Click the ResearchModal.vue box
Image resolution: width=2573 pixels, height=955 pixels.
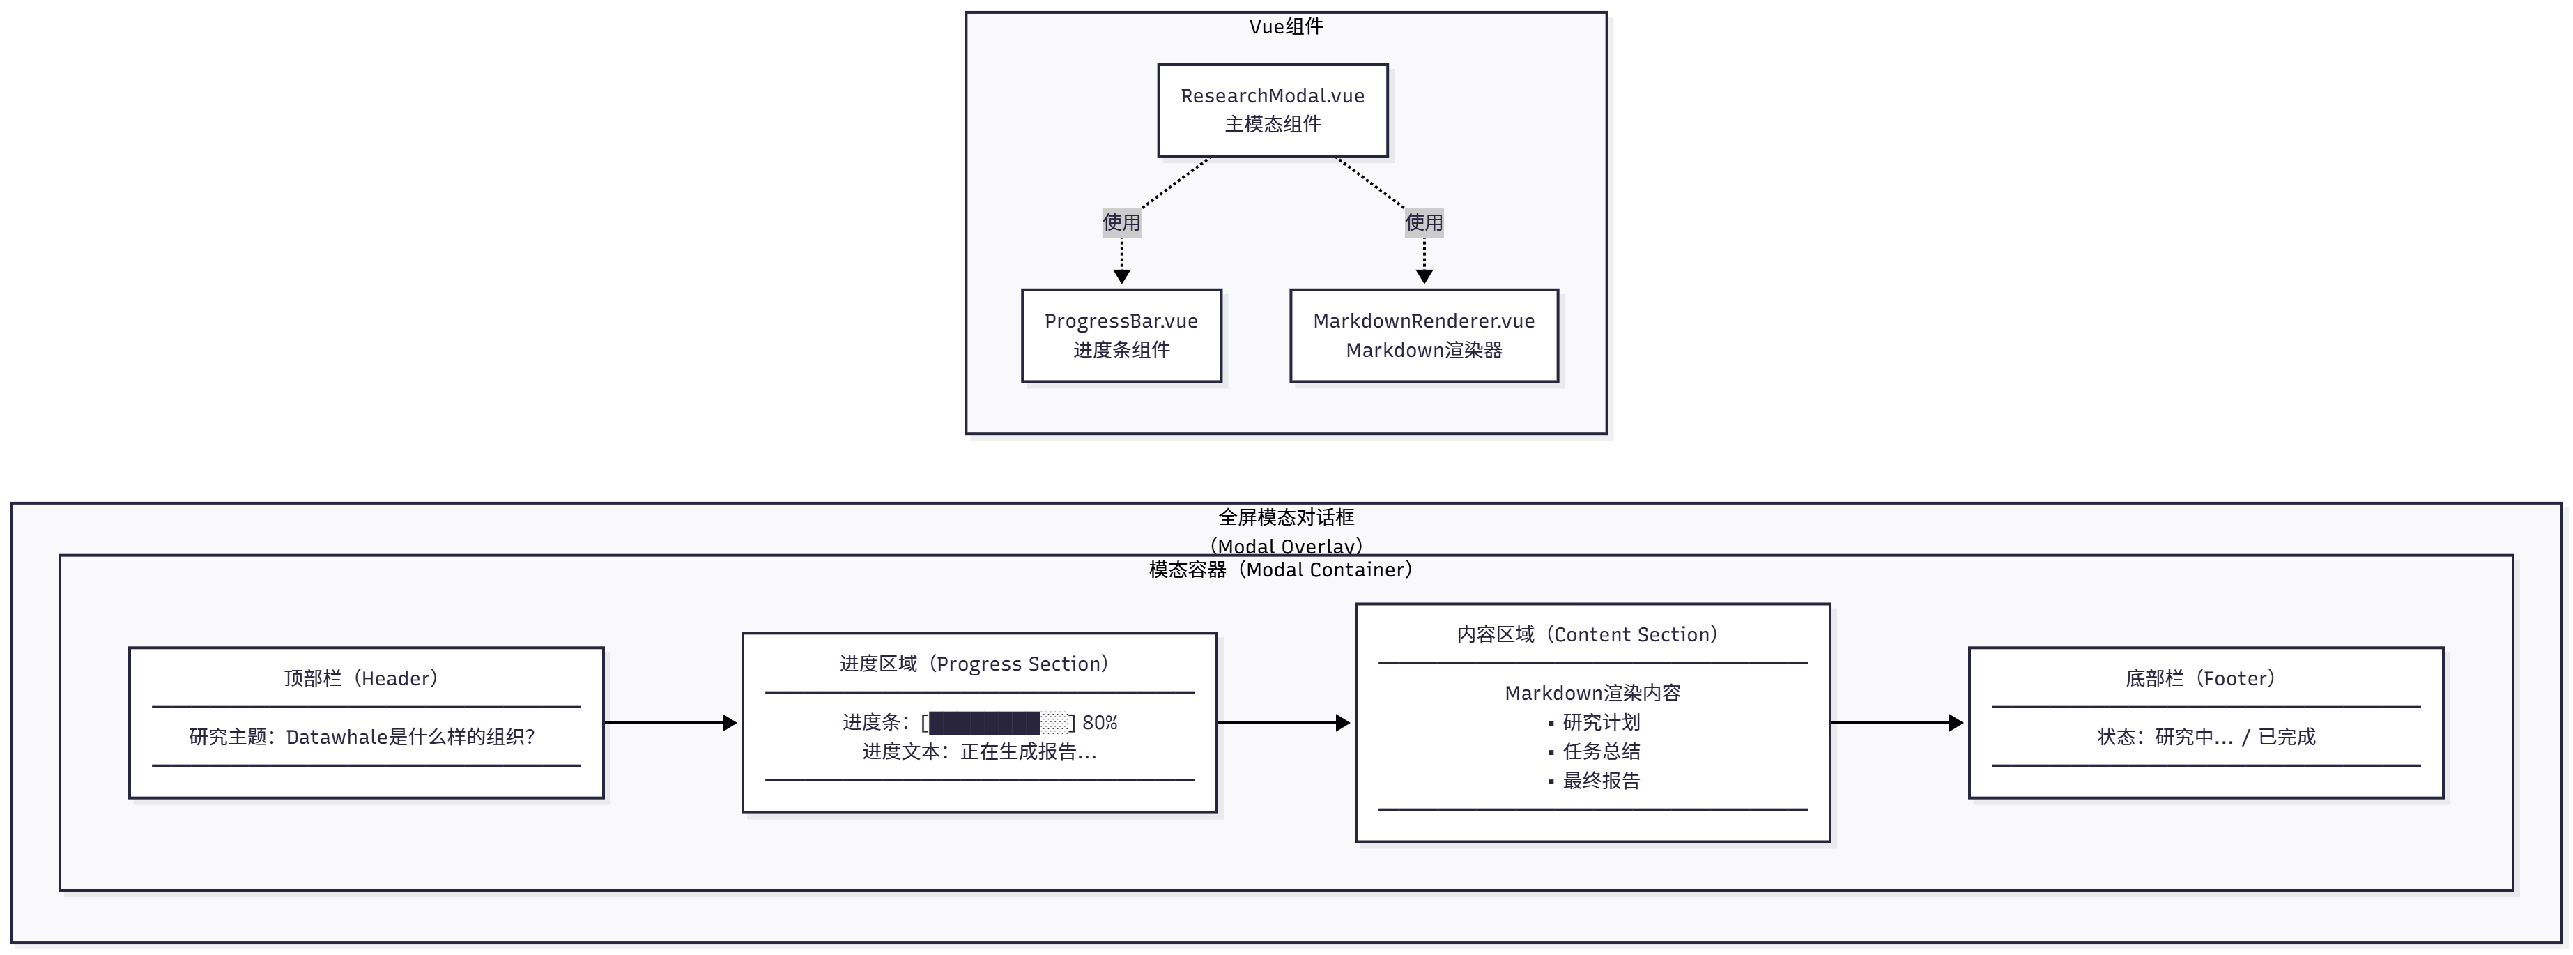[1273, 110]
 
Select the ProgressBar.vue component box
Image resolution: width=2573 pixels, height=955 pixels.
[1121, 336]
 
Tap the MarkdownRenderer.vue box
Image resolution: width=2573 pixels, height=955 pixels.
[1423, 336]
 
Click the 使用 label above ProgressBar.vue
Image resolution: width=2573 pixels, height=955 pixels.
[1121, 222]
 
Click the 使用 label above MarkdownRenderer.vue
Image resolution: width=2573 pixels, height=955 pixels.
[1423, 222]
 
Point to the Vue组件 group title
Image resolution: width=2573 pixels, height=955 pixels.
[1286, 27]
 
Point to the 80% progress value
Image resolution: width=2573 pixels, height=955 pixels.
[1100, 722]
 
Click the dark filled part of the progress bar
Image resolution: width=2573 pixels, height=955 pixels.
[984, 722]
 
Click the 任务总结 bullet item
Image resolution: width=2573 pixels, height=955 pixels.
[1601, 751]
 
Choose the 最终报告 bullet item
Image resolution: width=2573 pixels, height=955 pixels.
[1601, 780]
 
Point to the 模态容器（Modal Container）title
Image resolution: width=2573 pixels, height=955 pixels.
[1280, 570]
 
